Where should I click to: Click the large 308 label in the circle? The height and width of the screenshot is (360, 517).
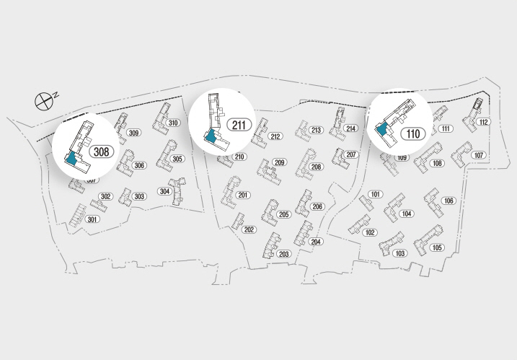[x=101, y=152]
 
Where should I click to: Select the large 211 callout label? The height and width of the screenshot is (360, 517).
[x=240, y=124]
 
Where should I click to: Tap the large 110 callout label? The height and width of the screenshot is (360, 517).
[x=412, y=133]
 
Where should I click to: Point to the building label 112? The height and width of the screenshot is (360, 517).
[x=483, y=122]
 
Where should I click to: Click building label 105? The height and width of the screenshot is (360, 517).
[x=436, y=247]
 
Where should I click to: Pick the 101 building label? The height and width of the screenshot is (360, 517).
[x=375, y=195]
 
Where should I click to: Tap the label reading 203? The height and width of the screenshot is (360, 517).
[x=283, y=254]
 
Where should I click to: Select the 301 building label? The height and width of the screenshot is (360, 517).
[x=92, y=219]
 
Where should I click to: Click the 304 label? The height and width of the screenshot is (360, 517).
[x=164, y=191]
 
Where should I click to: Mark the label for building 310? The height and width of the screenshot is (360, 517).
[x=173, y=123]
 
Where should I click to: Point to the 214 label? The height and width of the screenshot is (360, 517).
[x=350, y=128]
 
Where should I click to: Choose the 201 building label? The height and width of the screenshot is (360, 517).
[x=243, y=196]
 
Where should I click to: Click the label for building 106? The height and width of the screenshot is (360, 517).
[x=448, y=201]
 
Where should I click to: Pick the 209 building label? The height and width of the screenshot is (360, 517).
[x=279, y=162]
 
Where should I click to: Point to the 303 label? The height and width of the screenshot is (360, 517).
[x=139, y=196]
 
